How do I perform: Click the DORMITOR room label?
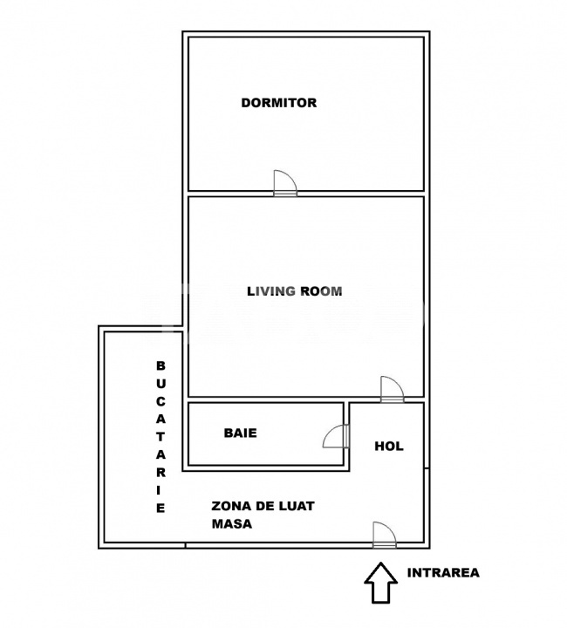(278, 103)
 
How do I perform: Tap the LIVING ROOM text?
(294, 291)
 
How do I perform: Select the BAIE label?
(240, 433)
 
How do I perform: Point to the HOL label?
(389, 447)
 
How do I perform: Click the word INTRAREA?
(443, 573)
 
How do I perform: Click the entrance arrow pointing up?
(381, 583)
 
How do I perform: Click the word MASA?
(232, 524)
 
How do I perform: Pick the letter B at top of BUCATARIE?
(161, 365)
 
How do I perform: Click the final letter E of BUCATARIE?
(161, 509)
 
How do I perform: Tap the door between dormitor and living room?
(285, 183)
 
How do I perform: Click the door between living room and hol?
(393, 389)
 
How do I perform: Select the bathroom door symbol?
(336, 436)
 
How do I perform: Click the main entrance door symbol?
(385, 535)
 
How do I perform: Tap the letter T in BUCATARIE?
(161, 437)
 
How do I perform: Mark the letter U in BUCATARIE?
(161, 384)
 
